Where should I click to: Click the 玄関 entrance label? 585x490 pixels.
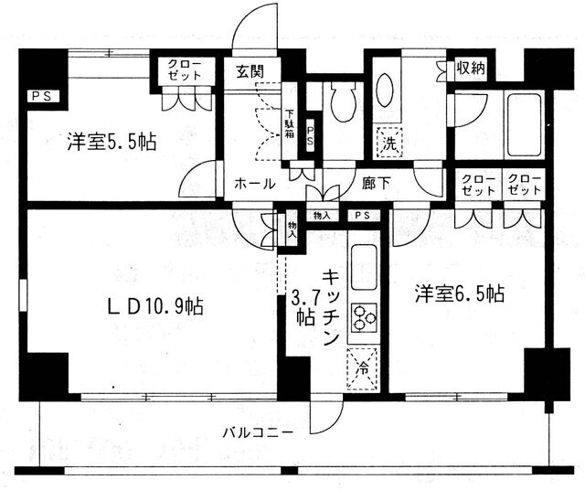tap(250, 70)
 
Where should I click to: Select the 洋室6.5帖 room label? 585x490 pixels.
tap(459, 293)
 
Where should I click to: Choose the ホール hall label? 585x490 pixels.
tap(255, 183)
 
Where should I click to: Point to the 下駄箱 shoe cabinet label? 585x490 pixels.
tap(290, 114)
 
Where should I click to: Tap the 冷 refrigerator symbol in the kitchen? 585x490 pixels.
tap(362, 370)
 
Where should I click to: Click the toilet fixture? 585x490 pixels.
tap(344, 102)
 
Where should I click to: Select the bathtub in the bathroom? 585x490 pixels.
tap(523, 124)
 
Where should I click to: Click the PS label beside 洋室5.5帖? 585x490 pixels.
tap(39, 95)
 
